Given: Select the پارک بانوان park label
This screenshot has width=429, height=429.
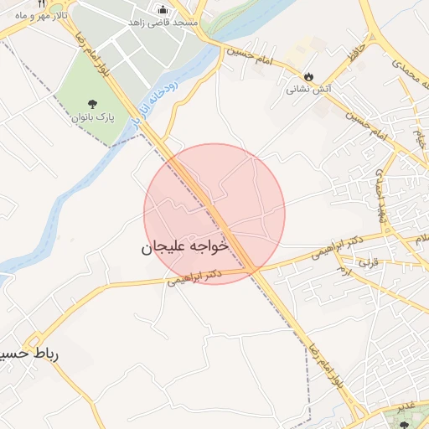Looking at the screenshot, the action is coord(90,118).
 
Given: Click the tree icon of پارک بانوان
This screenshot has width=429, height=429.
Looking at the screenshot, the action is coord(90,104).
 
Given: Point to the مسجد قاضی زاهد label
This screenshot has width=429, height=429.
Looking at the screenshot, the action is coord(163,23).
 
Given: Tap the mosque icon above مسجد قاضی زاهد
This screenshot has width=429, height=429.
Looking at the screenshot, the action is coord(163,9).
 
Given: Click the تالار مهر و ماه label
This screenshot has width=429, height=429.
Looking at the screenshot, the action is coord(39,16).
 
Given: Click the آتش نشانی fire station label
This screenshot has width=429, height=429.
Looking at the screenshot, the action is coord(309,88).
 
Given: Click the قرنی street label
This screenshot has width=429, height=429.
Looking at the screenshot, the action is coord(369,263).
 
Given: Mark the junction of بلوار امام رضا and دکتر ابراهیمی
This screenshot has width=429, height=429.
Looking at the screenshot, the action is coord(255,270).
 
